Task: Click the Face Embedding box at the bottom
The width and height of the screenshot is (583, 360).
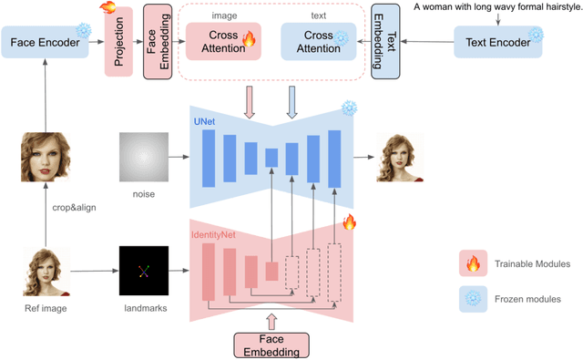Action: [271, 345]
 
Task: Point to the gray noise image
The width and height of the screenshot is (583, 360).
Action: [142, 157]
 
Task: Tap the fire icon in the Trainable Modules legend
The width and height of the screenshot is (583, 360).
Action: [472, 265]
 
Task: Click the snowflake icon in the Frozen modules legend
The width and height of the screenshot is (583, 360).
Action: [472, 298]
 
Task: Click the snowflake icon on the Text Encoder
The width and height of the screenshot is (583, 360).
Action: [536, 35]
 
